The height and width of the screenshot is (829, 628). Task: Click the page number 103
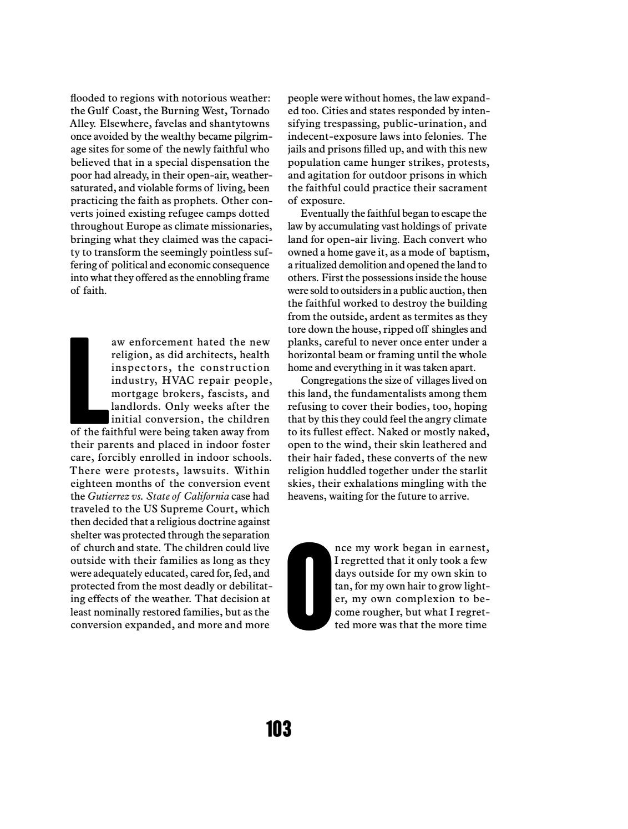278,729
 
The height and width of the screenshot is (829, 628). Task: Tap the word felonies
439,136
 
